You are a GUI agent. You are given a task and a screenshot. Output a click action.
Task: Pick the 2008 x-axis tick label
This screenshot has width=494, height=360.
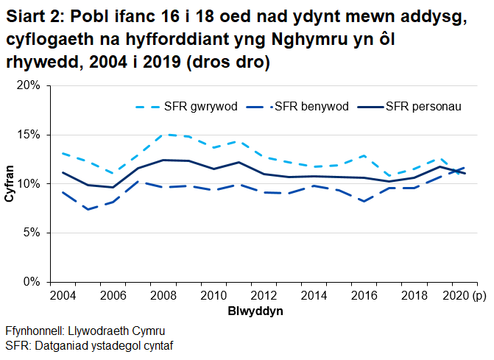163,296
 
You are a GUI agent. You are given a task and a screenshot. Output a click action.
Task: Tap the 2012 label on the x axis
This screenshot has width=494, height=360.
263,296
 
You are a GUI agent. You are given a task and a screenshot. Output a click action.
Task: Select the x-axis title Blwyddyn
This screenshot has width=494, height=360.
255,311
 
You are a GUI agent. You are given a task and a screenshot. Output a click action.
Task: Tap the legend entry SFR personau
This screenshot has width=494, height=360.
423,107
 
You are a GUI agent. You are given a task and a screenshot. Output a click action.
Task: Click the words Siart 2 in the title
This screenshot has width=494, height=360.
32,17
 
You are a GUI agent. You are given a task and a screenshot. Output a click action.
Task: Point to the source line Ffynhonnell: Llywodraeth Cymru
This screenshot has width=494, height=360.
85,330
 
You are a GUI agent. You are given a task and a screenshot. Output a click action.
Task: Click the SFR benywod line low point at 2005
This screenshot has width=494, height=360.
88,209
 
